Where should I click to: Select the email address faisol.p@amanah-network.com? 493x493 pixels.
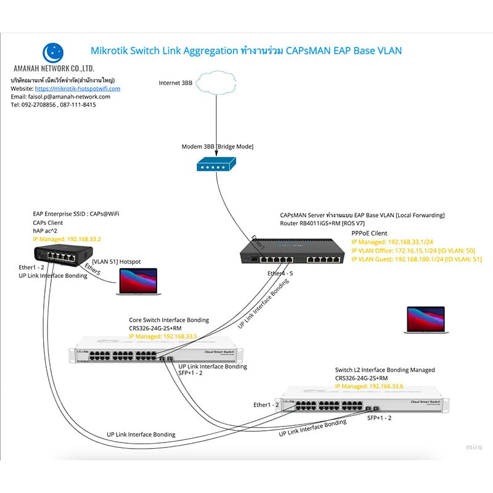75,97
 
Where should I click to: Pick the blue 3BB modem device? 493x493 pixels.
215,165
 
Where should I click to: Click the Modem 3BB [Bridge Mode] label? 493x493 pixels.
218,147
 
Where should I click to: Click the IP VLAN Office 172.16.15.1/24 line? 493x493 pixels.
413,251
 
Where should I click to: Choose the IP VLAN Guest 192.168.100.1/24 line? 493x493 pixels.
417,259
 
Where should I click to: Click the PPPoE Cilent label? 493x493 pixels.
370,234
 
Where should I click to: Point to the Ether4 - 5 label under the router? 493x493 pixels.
281,272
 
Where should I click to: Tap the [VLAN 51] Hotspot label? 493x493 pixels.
116,261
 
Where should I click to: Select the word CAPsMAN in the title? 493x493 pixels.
306,51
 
